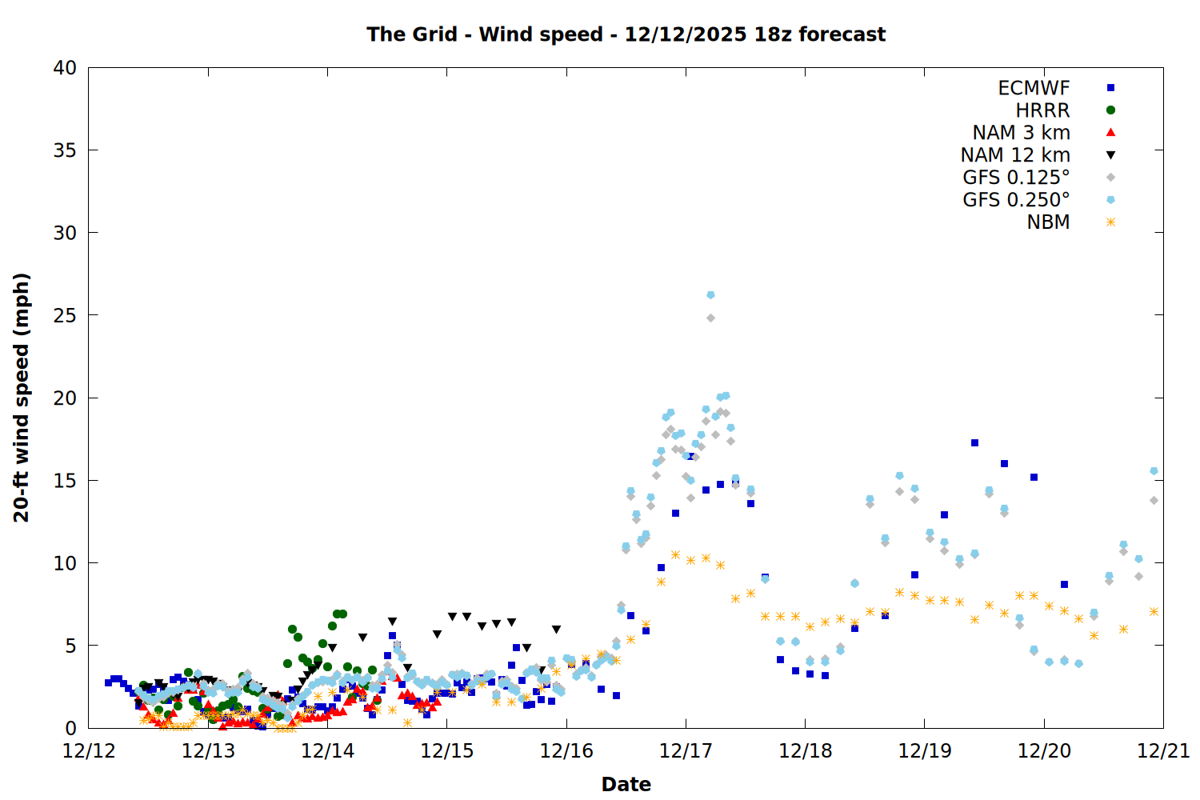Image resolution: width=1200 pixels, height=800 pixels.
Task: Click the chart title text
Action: pos(626,34)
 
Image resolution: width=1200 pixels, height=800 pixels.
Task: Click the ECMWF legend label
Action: pos(1034,88)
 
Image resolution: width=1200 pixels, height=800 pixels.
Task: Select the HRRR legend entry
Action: pos(1042,110)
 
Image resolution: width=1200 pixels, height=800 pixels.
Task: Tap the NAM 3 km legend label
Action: pos(1021,133)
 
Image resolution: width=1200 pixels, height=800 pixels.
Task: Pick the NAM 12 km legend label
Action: pos(1015,155)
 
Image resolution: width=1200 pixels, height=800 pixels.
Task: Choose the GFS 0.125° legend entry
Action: pos(1016,178)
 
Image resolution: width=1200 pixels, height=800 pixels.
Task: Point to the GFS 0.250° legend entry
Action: pos(1016,200)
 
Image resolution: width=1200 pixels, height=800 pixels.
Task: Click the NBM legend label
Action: pos(1048,222)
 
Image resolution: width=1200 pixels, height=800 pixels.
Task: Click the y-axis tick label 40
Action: pos(65,68)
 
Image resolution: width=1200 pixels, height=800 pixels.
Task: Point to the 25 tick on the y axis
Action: pos(65,315)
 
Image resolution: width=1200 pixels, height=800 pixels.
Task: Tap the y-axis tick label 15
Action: pos(65,481)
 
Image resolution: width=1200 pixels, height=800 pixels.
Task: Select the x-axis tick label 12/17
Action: pos(686,751)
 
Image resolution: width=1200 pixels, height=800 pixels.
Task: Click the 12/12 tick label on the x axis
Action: pos(89,751)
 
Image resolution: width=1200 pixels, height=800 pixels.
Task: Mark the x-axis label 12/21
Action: pos(1163,751)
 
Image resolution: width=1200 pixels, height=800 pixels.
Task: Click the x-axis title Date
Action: pos(626,784)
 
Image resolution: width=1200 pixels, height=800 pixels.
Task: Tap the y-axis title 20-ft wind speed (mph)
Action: pos(22,398)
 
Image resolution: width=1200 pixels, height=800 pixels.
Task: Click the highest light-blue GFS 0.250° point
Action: pos(710,295)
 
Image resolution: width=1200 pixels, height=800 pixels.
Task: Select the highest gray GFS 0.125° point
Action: pos(710,318)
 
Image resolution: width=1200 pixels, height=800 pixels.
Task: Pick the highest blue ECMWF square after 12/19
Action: pos(974,442)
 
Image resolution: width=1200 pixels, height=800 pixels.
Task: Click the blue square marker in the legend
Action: pos(1110,88)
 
